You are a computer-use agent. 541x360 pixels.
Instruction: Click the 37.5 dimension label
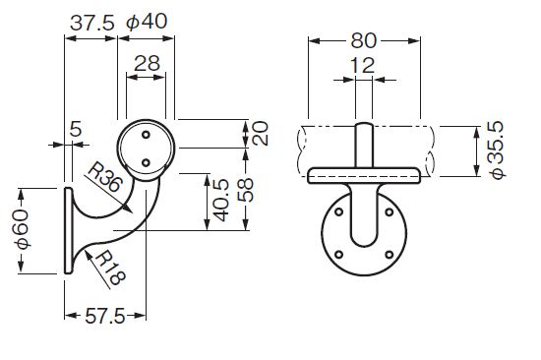coord(91,24)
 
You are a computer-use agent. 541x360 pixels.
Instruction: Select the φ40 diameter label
coord(147,22)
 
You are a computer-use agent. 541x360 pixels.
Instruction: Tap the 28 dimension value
coord(147,64)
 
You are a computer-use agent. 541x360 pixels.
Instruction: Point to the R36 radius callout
coord(104,177)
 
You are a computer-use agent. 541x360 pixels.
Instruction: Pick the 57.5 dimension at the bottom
coord(104,316)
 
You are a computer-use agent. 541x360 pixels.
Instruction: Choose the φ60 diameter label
coord(22,229)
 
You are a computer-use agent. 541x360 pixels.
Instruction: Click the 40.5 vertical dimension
coord(221,200)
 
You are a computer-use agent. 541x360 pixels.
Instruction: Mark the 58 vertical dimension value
coord(245,190)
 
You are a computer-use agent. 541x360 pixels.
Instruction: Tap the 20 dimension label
coord(261,133)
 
